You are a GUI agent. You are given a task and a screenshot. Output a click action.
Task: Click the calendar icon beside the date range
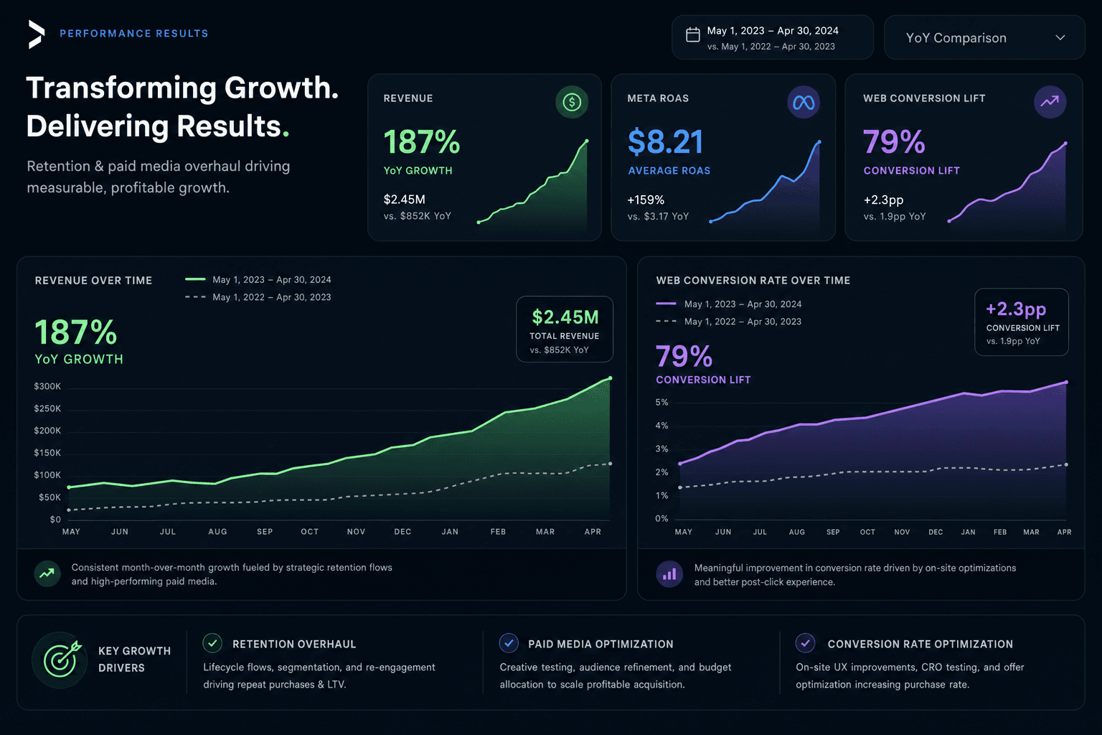point(692,34)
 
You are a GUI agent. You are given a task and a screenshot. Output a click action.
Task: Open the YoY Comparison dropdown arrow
point(1060,37)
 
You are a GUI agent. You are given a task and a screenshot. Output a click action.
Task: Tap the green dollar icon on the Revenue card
point(572,102)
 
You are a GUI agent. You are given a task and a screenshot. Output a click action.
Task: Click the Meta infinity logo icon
point(804,103)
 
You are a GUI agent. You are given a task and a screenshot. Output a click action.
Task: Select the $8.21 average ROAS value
point(665,142)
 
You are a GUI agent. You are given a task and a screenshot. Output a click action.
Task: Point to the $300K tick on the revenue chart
point(47,386)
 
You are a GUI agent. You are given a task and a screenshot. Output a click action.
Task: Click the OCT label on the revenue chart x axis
point(309,532)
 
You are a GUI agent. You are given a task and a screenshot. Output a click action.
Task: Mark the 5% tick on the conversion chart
point(661,402)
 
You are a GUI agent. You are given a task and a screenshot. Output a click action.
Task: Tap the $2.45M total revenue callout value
point(565,317)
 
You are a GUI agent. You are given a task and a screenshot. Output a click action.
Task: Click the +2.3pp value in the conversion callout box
point(1016,309)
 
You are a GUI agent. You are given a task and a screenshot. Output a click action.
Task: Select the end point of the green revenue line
point(610,378)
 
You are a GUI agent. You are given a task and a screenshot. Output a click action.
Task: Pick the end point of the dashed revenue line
point(610,464)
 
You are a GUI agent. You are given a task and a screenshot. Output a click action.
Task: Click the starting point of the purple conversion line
point(680,464)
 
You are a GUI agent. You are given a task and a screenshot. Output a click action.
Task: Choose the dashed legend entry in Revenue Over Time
point(258,297)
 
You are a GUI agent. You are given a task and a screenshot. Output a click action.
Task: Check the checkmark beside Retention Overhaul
point(212,643)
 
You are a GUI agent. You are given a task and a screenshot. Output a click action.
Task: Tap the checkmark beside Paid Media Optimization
point(509,643)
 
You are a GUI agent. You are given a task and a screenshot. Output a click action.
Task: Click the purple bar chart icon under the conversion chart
point(669,574)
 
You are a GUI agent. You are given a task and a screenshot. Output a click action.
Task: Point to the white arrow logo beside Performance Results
point(37,34)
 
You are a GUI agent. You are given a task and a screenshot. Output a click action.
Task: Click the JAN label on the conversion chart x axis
point(968,532)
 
